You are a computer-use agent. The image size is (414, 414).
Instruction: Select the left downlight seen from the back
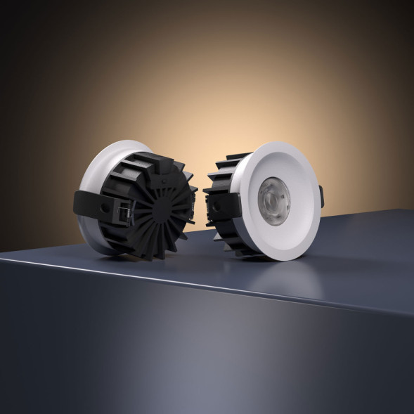[x=137, y=200]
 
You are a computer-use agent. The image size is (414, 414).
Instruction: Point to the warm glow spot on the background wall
[x=204, y=77]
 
